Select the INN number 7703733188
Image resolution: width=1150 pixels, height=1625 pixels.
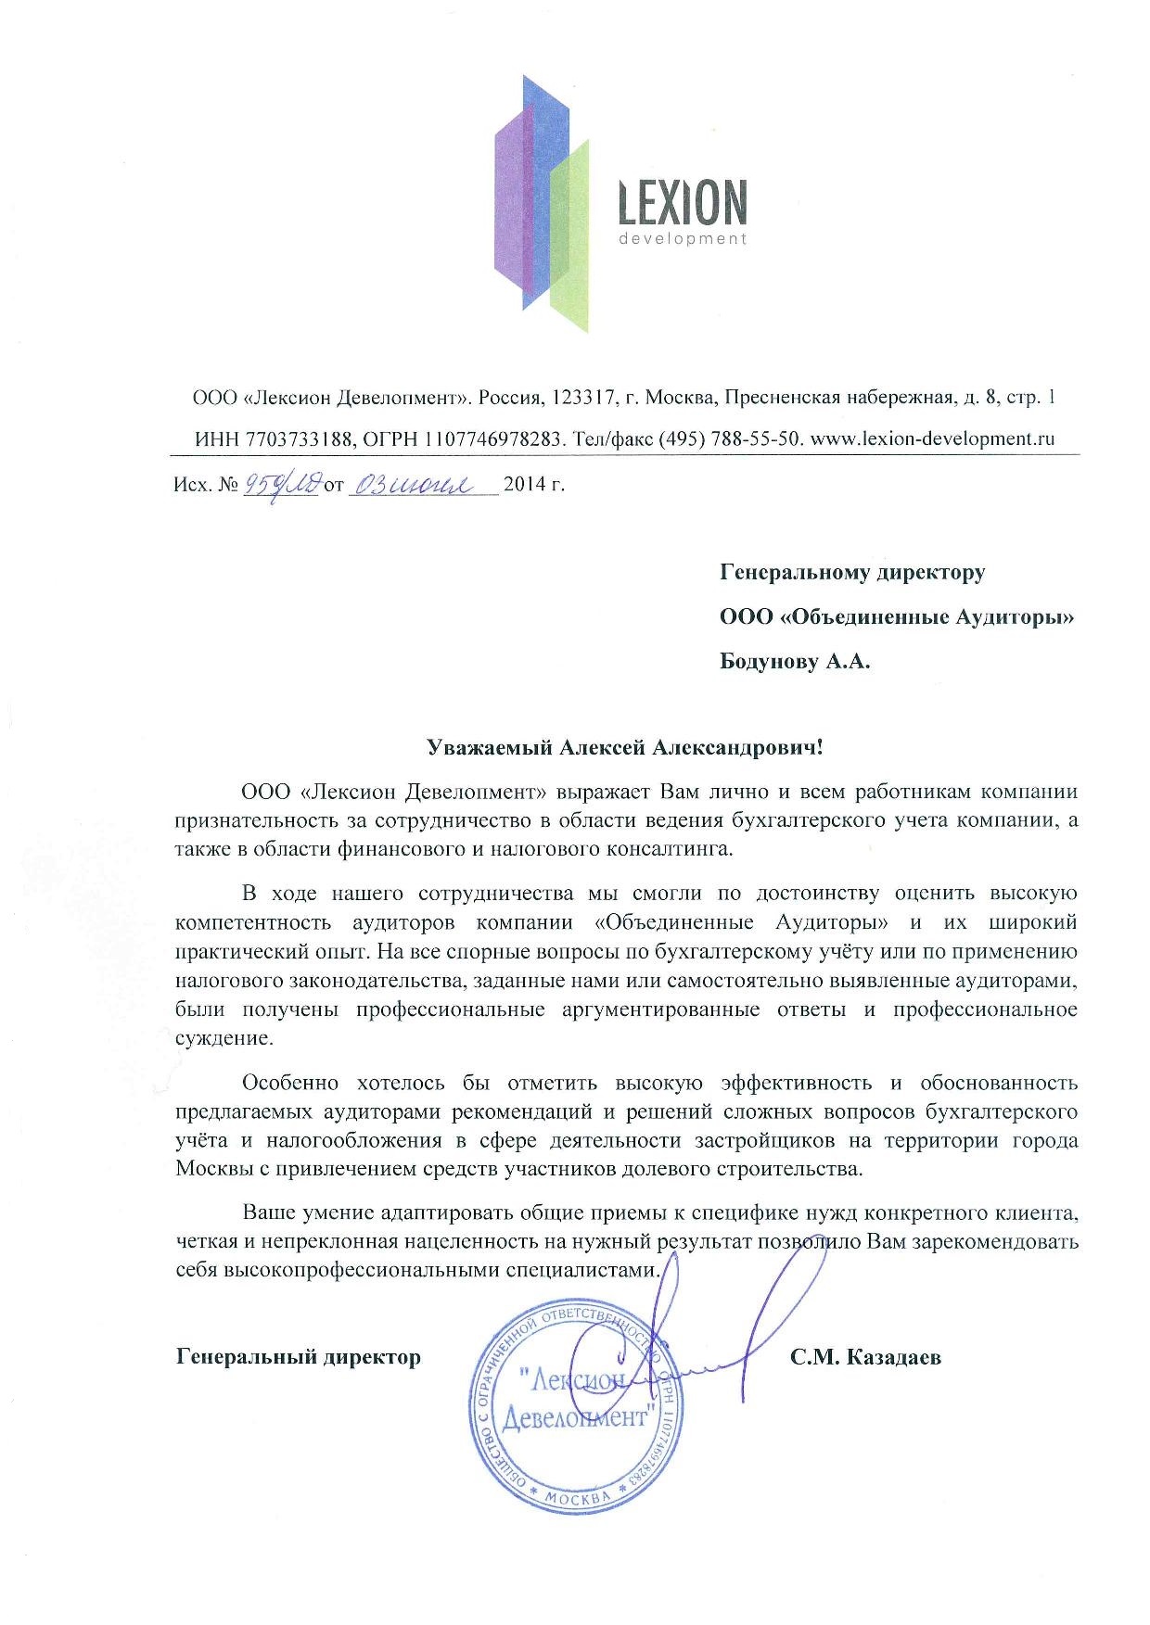[299, 438]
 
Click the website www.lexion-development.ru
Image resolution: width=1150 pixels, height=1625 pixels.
[932, 438]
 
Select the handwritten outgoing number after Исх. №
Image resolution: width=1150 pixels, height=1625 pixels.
[281, 484]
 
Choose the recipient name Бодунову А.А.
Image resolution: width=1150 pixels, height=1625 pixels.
[796, 662]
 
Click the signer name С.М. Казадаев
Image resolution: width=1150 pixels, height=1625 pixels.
[866, 1358]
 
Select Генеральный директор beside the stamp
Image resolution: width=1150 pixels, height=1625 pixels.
[299, 1358]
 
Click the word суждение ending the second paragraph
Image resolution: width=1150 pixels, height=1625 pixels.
[224, 1038]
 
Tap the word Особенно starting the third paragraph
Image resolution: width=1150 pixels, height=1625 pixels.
[286, 1083]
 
